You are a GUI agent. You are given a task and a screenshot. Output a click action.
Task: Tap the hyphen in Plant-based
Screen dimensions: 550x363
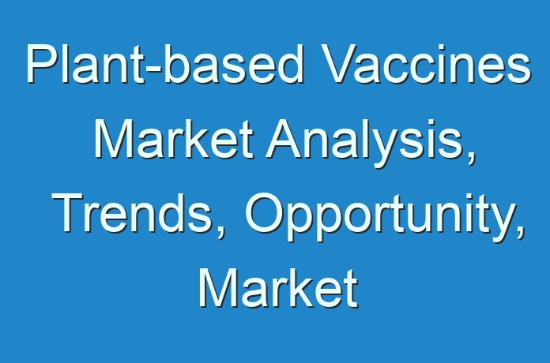[x=153, y=69]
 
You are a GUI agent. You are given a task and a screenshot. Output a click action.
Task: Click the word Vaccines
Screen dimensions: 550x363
[x=426, y=64]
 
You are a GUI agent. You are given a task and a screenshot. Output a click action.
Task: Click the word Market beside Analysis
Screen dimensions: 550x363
[x=173, y=139]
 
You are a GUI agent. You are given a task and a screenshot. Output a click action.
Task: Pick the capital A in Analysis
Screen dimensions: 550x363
[x=284, y=139]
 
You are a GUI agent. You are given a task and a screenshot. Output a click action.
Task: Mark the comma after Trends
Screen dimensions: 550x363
[x=220, y=232]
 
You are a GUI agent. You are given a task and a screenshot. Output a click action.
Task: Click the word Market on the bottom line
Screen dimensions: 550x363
[x=278, y=288]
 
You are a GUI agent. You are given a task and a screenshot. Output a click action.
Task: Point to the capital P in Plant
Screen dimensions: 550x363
[x=42, y=64]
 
